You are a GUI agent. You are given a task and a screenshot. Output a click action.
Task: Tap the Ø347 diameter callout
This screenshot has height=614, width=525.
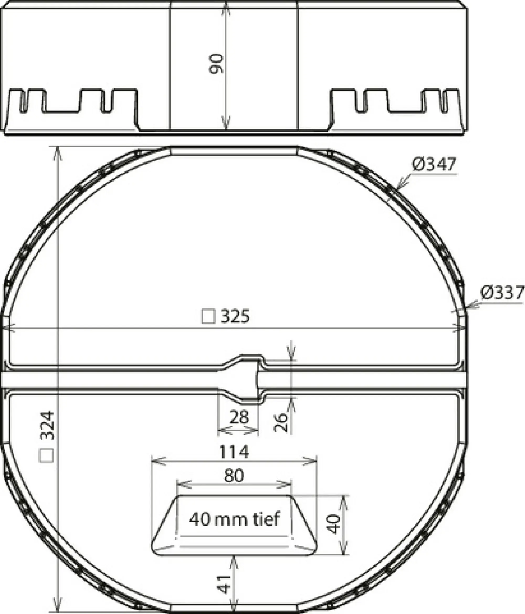(434, 165)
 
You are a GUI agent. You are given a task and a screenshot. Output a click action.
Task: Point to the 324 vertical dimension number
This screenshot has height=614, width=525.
(47, 426)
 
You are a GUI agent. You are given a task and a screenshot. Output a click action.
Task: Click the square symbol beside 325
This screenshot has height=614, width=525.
(208, 316)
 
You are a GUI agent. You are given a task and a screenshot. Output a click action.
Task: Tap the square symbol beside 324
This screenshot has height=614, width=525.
(46, 455)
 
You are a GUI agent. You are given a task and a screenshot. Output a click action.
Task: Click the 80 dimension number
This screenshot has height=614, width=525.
(234, 475)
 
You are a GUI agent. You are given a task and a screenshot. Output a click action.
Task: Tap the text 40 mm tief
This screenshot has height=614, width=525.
(234, 519)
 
